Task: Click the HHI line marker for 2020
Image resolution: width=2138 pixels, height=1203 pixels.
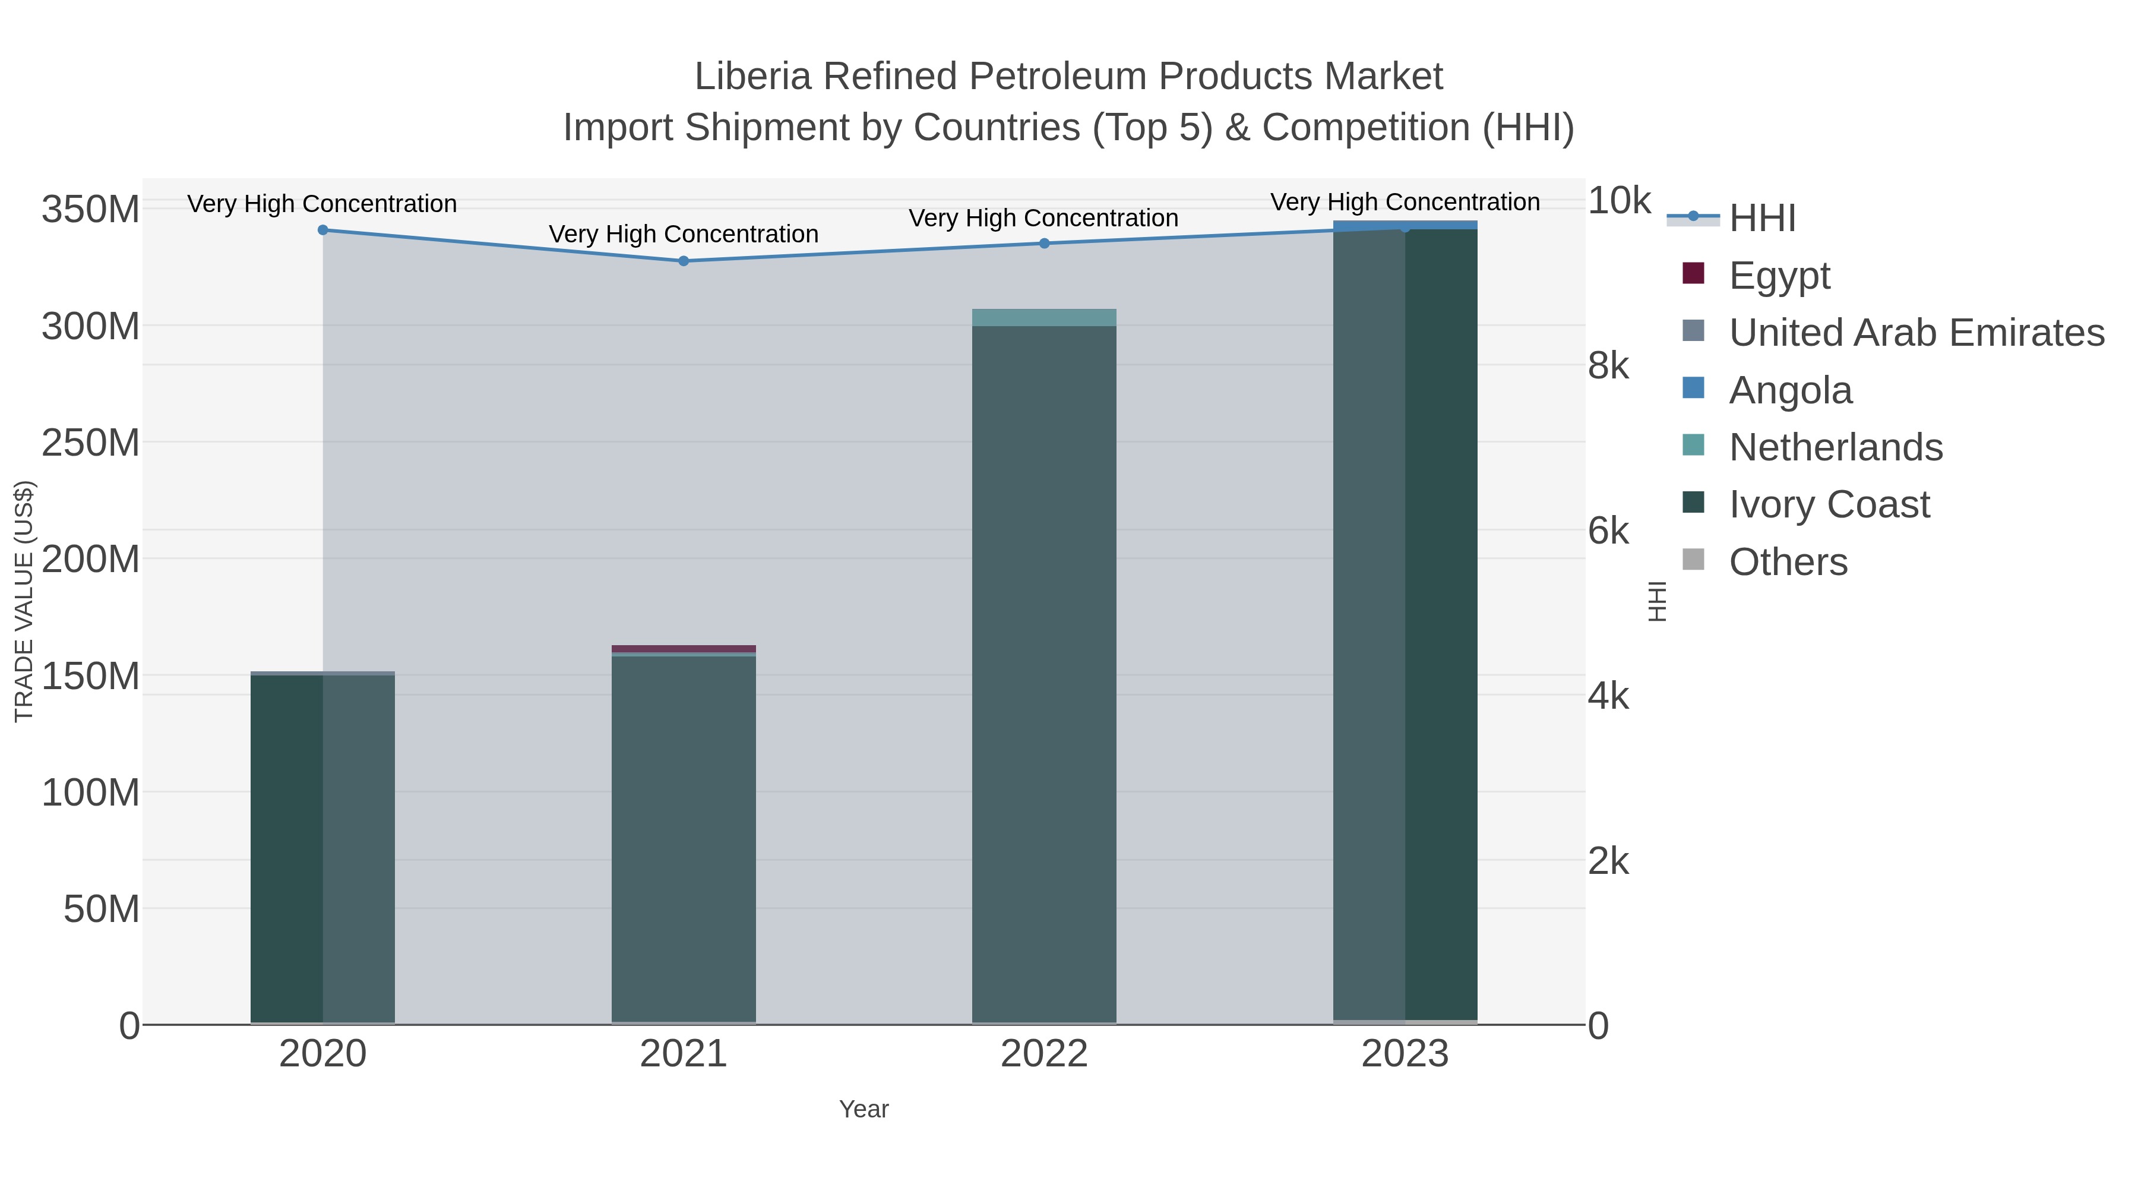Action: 323,230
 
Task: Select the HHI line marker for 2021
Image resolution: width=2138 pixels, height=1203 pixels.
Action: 684,261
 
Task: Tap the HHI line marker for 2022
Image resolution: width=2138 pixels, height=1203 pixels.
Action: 1044,243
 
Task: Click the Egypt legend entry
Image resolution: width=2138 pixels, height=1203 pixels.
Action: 1779,275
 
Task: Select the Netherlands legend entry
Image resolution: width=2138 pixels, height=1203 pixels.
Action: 1835,447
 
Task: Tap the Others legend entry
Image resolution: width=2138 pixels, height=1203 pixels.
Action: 1788,562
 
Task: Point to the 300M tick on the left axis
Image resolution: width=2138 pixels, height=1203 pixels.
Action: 90,326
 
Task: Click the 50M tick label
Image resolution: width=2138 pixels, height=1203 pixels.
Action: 101,909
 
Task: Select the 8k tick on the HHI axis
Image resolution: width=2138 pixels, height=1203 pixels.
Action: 1608,366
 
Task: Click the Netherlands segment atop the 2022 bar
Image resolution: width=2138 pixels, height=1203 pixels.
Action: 1044,317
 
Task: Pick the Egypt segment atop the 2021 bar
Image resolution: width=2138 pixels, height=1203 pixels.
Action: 684,648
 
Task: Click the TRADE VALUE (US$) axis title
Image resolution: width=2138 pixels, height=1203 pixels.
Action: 24,601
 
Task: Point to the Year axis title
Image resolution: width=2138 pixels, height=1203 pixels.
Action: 864,1109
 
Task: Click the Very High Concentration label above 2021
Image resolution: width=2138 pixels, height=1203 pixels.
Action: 684,234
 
